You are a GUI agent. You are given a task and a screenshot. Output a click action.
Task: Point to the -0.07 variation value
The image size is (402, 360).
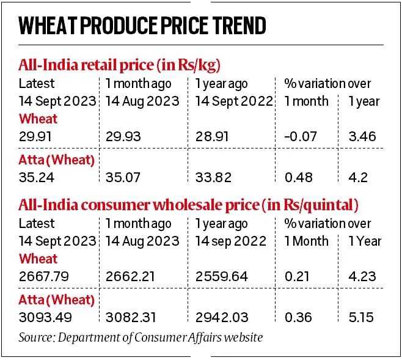coord(300,136)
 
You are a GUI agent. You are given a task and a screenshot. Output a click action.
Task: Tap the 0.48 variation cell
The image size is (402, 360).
coord(299,178)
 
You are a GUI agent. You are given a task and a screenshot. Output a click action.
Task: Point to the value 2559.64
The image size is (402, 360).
coord(222,276)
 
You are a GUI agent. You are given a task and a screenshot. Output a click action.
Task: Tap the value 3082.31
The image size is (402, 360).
coord(133,317)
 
